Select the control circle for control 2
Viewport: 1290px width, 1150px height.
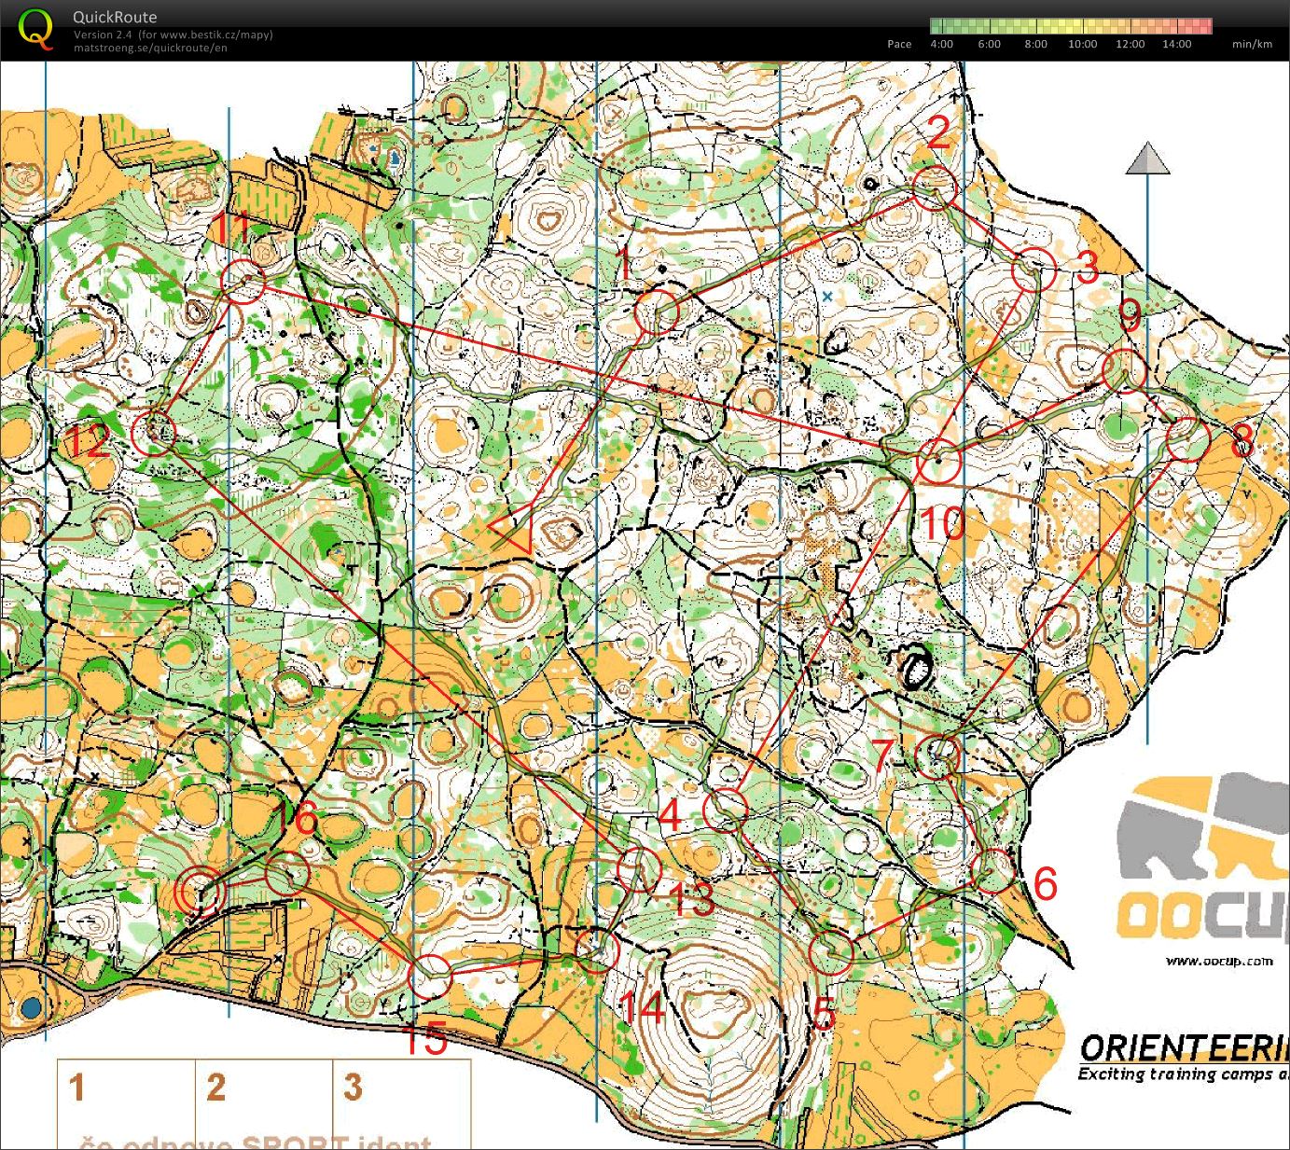point(934,188)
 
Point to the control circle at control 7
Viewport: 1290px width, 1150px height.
point(937,756)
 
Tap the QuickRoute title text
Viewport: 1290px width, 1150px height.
point(115,17)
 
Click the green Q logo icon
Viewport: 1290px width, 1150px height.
point(35,27)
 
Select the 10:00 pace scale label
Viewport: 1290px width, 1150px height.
point(1082,44)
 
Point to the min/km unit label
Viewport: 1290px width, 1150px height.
point(1252,44)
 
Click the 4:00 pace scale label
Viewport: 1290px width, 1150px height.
point(941,44)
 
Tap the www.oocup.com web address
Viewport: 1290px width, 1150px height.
point(1219,961)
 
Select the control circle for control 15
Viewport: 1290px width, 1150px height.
point(430,977)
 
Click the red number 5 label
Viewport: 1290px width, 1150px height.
point(823,1014)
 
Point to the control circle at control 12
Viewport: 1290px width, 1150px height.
point(155,433)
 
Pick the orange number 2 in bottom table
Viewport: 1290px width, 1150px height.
point(216,1088)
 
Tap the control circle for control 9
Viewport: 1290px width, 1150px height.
point(1124,370)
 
